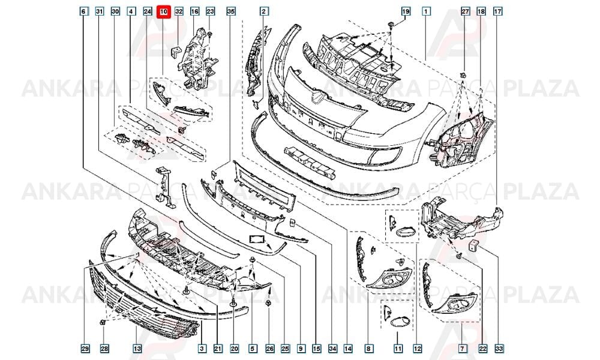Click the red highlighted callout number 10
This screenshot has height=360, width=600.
[163, 11]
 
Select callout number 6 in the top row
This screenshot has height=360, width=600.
[83, 11]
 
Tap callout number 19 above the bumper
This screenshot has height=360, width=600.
[406, 11]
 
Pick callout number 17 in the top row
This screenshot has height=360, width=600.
[497, 11]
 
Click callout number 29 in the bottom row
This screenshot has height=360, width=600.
[85, 349]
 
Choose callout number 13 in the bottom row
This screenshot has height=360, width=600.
[137, 349]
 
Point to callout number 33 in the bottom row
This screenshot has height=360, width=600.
[499, 349]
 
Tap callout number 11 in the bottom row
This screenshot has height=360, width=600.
[398, 349]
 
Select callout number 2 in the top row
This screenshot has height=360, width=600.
[263, 11]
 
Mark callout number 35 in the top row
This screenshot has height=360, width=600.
[231, 11]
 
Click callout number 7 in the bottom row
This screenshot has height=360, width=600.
[462, 349]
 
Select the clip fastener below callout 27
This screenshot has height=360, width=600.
[463, 75]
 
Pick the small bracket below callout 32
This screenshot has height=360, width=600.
[175, 52]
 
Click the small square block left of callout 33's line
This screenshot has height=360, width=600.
[473, 245]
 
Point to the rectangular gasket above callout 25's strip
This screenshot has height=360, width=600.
[257, 239]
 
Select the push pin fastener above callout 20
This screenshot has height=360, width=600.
[233, 304]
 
